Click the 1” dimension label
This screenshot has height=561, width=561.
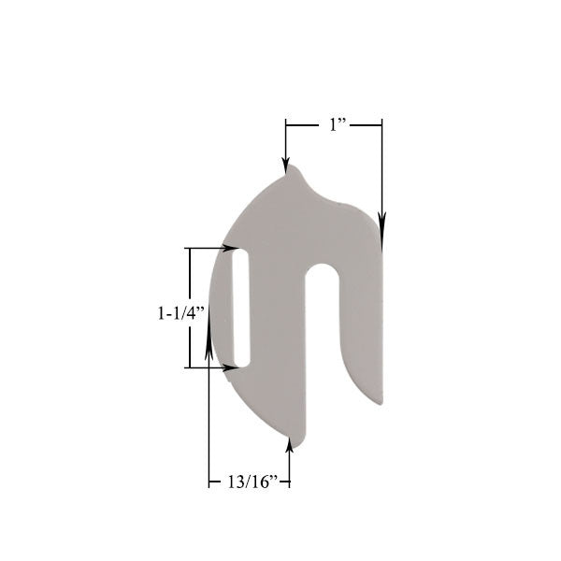pyautogui.click(x=338, y=125)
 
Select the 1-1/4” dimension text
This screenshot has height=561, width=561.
pyautogui.click(x=180, y=313)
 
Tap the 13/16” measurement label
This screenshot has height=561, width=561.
pyautogui.click(x=253, y=482)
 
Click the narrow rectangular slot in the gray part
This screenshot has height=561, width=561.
pyautogui.click(x=240, y=308)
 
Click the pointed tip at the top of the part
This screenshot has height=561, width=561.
pyautogui.click(x=292, y=166)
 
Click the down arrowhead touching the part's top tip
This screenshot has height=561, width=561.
pyautogui.click(x=285, y=165)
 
